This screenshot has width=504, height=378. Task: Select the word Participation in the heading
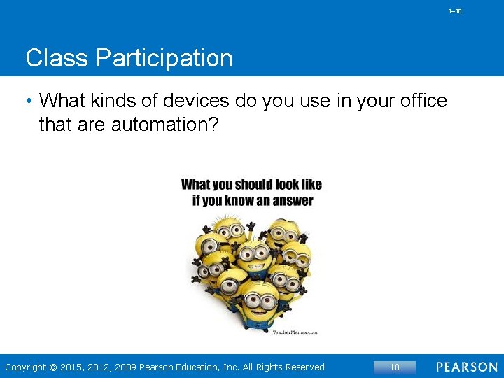click(x=165, y=59)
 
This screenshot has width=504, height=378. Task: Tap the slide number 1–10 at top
click(x=455, y=11)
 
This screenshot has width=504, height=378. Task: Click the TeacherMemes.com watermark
click(x=295, y=332)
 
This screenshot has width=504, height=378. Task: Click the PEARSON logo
click(x=466, y=367)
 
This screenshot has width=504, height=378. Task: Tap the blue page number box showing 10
click(x=395, y=367)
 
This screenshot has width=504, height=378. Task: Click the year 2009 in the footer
click(x=126, y=367)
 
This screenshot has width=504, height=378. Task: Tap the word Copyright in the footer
click(x=26, y=367)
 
